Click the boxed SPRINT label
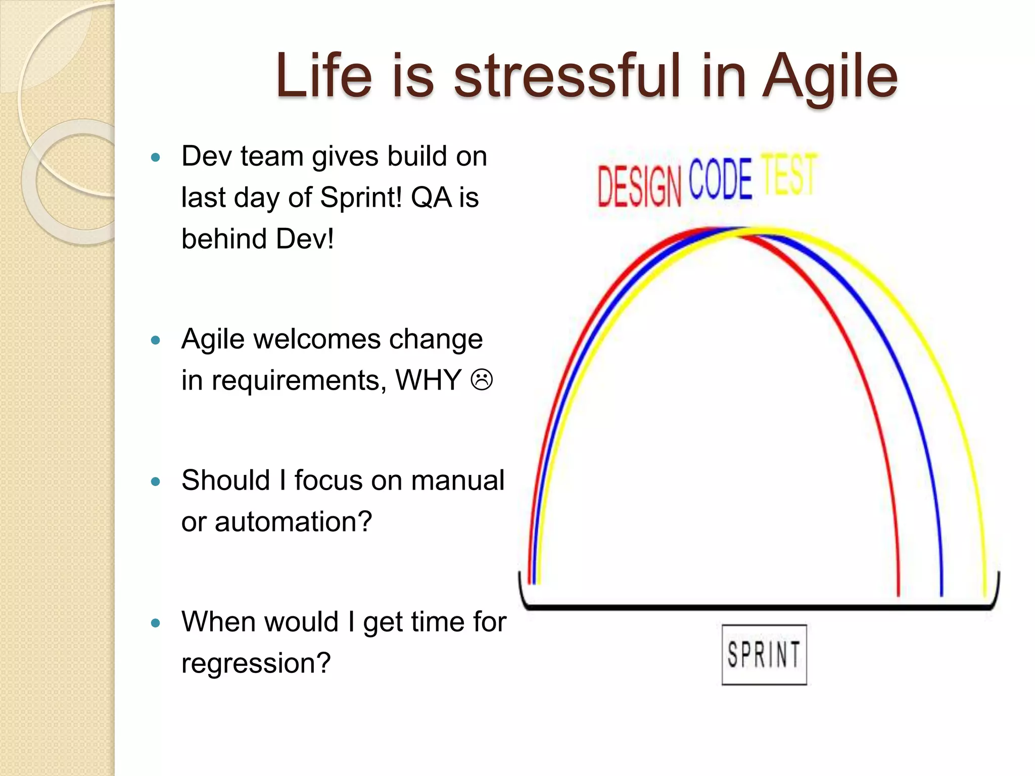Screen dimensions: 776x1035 [x=764, y=655]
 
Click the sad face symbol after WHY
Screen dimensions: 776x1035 [x=482, y=380]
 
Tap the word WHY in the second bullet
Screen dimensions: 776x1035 [x=429, y=380]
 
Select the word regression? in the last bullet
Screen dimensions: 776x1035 [x=256, y=663]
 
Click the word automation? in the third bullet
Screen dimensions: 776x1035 [x=293, y=521]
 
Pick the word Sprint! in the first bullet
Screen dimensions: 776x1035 [x=361, y=197]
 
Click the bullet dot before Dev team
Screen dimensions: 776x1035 [x=156, y=157]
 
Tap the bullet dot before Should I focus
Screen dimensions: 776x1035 [x=156, y=481]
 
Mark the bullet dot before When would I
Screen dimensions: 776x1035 [x=156, y=623]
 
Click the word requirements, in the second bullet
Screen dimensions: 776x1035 [x=299, y=381]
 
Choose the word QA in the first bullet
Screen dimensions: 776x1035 [x=431, y=197]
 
